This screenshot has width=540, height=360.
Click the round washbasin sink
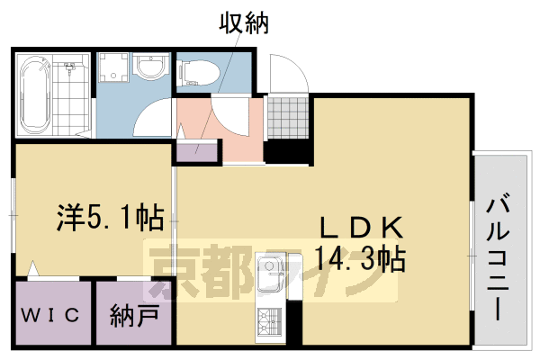(149, 69)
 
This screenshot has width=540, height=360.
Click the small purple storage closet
(199, 150)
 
